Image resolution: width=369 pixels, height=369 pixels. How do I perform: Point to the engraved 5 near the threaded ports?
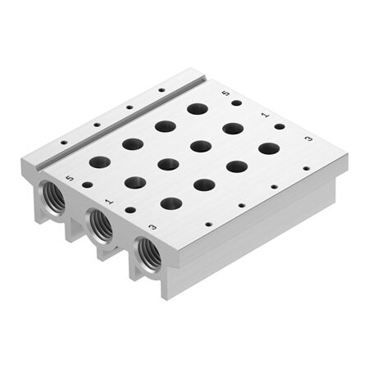[71, 175]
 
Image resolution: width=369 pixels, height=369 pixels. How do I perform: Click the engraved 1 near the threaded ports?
[109, 199]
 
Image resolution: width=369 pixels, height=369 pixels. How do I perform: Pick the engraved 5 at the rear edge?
[226, 93]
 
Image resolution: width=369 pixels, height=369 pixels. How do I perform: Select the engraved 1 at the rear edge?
[264, 116]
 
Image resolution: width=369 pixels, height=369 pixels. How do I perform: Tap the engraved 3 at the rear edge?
[307, 139]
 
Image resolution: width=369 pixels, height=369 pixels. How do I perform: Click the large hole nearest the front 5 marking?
[99, 162]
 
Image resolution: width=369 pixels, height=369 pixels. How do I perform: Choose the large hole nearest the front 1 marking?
[135, 182]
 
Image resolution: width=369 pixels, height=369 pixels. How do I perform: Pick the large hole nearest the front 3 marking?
[171, 203]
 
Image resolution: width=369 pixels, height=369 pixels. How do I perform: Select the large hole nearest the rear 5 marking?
[197, 108]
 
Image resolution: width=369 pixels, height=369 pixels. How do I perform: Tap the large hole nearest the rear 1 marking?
[233, 128]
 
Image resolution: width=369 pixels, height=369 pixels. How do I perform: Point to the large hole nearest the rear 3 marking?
[269, 148]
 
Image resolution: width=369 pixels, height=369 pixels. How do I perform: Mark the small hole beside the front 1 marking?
[130, 210]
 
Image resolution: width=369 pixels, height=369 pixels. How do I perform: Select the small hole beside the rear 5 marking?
[237, 103]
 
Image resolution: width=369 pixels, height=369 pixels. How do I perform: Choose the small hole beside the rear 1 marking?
[279, 126]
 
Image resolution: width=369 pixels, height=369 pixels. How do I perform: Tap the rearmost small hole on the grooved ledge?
[162, 89]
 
